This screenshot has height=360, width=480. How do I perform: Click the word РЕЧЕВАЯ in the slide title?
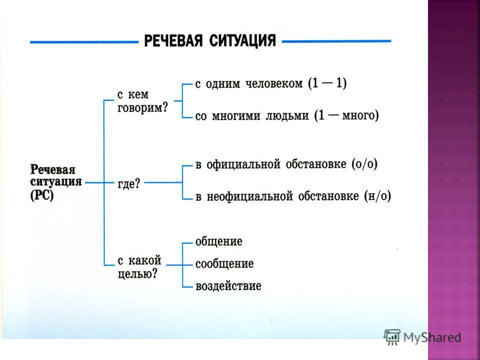coord(173,40)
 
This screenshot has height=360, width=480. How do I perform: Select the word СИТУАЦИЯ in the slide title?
coord(243,40)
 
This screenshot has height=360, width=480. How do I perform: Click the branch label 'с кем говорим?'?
coord(142,101)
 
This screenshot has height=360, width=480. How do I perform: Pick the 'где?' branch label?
coord(129,184)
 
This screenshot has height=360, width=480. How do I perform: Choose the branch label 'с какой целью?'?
coord(139,266)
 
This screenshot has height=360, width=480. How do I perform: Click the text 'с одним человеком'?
coord(249,83)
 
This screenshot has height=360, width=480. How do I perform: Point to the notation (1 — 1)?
coord(327,83)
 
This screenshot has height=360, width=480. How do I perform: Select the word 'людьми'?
coord(287,116)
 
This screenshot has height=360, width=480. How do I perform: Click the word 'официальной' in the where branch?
coord(243,164)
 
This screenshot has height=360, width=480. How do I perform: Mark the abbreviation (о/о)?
coord(364,164)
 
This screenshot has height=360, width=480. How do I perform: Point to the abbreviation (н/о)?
coord(378,196)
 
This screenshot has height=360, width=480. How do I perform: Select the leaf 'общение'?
coord(219,242)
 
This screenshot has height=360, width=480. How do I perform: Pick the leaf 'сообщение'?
coord(224,264)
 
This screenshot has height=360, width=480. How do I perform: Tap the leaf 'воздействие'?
coord(228,286)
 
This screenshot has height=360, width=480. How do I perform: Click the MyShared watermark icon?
coord(392,337)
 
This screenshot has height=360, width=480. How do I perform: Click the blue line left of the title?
coord(84,42)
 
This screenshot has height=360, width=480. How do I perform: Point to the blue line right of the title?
coord(336,41)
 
